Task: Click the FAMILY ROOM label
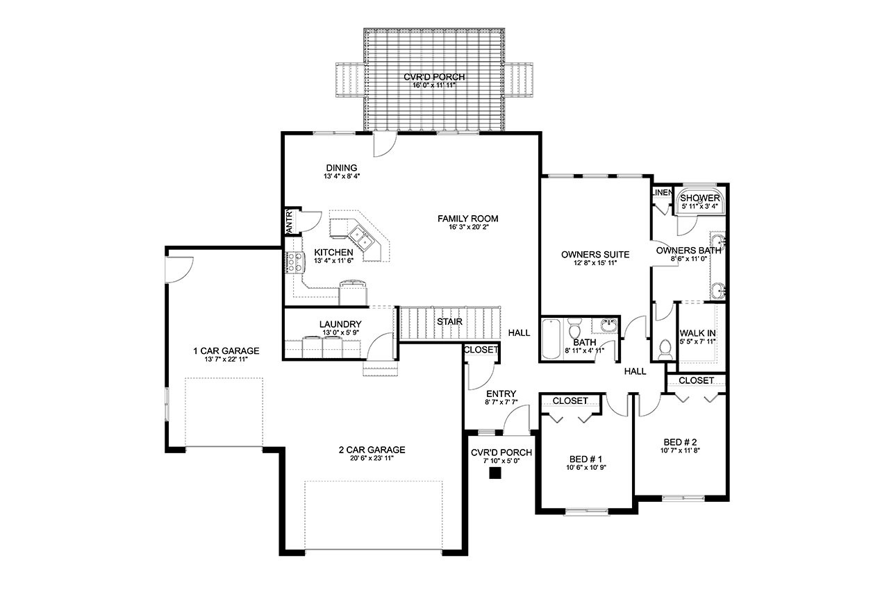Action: [467, 219]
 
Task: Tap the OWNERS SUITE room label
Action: [595, 254]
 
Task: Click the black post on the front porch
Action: [495, 473]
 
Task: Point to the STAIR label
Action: [449, 322]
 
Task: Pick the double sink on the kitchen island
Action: [361, 236]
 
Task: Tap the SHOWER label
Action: [700, 198]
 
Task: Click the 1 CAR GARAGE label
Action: [226, 350]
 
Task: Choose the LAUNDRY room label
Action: [340, 324]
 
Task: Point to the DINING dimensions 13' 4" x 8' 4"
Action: [342, 176]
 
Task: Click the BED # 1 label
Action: [585, 459]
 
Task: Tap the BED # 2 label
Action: [680, 441]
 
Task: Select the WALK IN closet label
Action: [697, 333]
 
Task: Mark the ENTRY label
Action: [500, 394]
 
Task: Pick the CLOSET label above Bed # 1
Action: [570, 400]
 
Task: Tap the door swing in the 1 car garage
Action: [178, 269]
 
